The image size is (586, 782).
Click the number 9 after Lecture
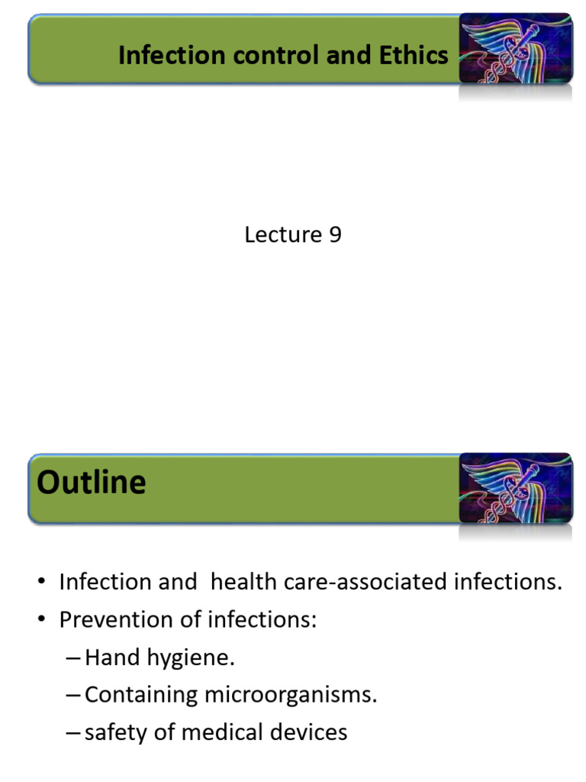335,234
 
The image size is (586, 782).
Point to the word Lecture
282,234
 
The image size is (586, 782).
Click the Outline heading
91,483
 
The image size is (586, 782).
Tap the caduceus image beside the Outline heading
515,488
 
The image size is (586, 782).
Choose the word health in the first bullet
238,582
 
